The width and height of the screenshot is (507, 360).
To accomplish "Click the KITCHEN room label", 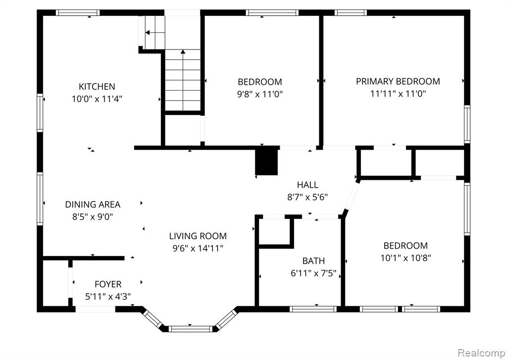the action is [97, 87].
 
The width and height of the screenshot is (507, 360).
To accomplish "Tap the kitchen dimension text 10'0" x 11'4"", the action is [97, 99].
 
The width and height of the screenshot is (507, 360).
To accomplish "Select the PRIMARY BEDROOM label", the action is [398, 81].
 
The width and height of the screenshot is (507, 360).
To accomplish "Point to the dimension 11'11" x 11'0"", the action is [398, 94].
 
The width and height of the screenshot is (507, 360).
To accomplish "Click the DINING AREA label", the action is [93, 205].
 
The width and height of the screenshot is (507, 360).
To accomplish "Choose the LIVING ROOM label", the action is [198, 236].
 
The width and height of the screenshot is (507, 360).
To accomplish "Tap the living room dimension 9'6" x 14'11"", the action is [198, 249].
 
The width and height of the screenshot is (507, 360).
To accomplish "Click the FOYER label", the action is [108, 284].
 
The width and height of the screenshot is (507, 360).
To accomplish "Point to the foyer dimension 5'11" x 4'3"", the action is [108, 297].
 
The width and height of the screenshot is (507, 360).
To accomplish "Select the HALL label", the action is [307, 185].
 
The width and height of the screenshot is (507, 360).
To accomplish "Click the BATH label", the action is [313, 260].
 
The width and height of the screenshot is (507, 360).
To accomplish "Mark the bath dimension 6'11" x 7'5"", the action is [313, 273].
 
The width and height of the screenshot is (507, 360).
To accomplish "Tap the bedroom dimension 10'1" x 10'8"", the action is [406, 258].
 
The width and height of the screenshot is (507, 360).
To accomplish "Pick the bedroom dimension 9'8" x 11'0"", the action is [260, 95].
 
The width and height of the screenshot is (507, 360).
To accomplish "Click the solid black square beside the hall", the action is [266, 161].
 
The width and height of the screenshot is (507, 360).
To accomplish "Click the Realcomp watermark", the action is [481, 352].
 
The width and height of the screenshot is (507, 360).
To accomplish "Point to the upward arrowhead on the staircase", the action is [183, 51].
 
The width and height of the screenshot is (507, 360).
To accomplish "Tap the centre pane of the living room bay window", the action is [190, 329].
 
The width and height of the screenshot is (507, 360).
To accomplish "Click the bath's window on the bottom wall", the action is [313, 309].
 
